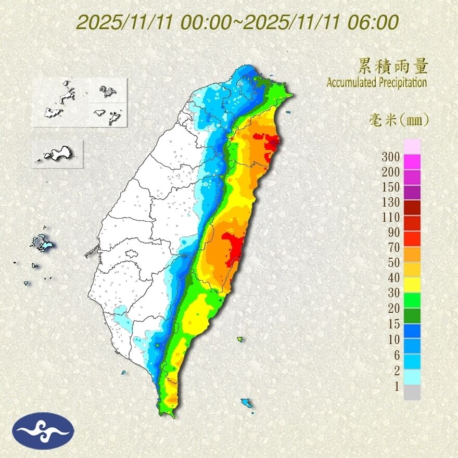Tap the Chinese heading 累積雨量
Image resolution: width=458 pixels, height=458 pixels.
coord(393,67)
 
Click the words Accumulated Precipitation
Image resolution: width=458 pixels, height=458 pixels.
coord(376,82)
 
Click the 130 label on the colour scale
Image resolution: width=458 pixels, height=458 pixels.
coord(390,202)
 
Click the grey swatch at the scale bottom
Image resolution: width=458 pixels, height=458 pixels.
coord(412,392)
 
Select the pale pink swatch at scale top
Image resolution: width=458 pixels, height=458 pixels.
coord(412,147)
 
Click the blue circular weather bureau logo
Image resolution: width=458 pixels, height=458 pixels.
coord(44,430)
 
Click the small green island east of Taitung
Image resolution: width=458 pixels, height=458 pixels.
coord(240,339)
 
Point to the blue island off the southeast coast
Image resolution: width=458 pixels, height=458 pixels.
coord(246,402)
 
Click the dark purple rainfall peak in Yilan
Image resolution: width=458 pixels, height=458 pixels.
coord(273,141)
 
